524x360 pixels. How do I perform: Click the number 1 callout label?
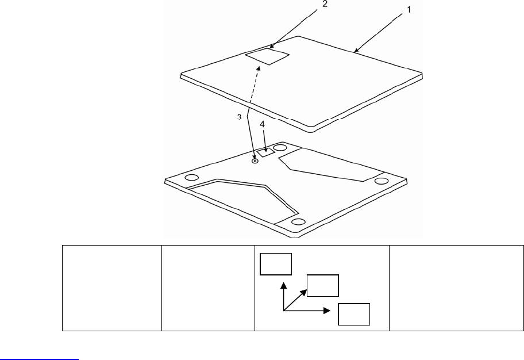pyautogui.click(x=409, y=9)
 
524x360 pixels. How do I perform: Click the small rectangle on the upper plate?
pyautogui.click(x=267, y=56)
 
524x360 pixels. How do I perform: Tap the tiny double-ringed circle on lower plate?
pyautogui.click(x=255, y=162)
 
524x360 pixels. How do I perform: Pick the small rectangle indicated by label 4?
pyautogui.click(x=265, y=153)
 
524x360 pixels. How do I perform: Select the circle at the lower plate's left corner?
pyautogui.click(x=192, y=177)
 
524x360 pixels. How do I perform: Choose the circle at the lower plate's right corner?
pyautogui.click(x=382, y=181)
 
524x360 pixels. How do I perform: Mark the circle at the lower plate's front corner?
pyautogui.click(x=298, y=222)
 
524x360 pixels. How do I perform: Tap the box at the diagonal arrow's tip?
pyautogui.click(x=322, y=285)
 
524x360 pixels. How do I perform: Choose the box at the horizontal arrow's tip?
pyautogui.click(x=353, y=313)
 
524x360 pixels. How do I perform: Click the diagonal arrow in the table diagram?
pyautogui.click(x=295, y=300)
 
